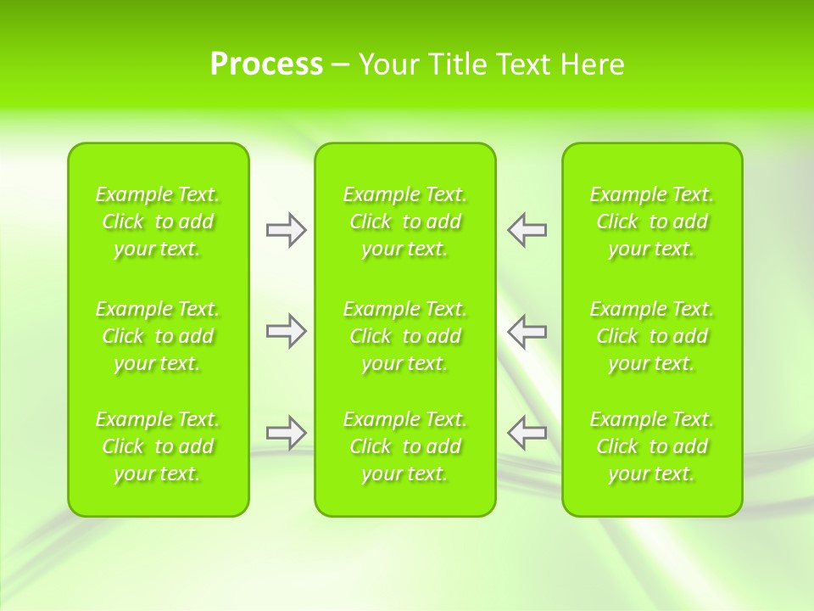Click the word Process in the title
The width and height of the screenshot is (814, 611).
[266, 64]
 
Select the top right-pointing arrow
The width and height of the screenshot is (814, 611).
[286, 230]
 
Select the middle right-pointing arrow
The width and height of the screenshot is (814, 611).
[286, 331]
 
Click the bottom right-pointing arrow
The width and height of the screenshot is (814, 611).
[286, 433]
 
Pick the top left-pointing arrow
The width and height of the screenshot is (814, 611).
[527, 230]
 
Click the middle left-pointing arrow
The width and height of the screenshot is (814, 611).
[527, 331]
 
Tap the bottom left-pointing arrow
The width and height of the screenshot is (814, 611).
[527, 433]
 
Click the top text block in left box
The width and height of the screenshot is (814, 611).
[158, 221]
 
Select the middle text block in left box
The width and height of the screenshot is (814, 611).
[158, 336]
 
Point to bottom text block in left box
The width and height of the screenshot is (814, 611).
[158, 446]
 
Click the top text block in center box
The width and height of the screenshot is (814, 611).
[405, 221]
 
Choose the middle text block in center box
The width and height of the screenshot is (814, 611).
[405, 336]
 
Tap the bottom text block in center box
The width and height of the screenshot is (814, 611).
[405, 446]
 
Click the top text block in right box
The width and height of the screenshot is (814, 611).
[652, 221]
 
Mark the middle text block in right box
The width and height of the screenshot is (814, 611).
[652, 336]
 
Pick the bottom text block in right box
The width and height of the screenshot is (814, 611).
[652, 446]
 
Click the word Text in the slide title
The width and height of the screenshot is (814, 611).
[524, 64]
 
